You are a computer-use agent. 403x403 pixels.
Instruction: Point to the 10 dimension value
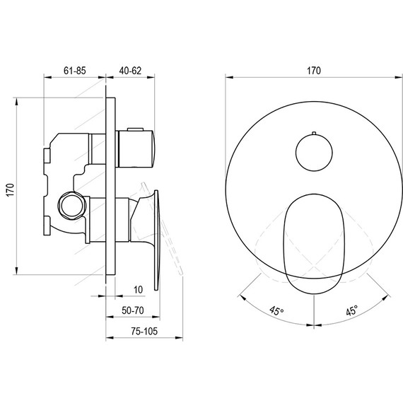tap(136, 290)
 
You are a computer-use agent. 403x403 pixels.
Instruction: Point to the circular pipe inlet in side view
tap(71, 204)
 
